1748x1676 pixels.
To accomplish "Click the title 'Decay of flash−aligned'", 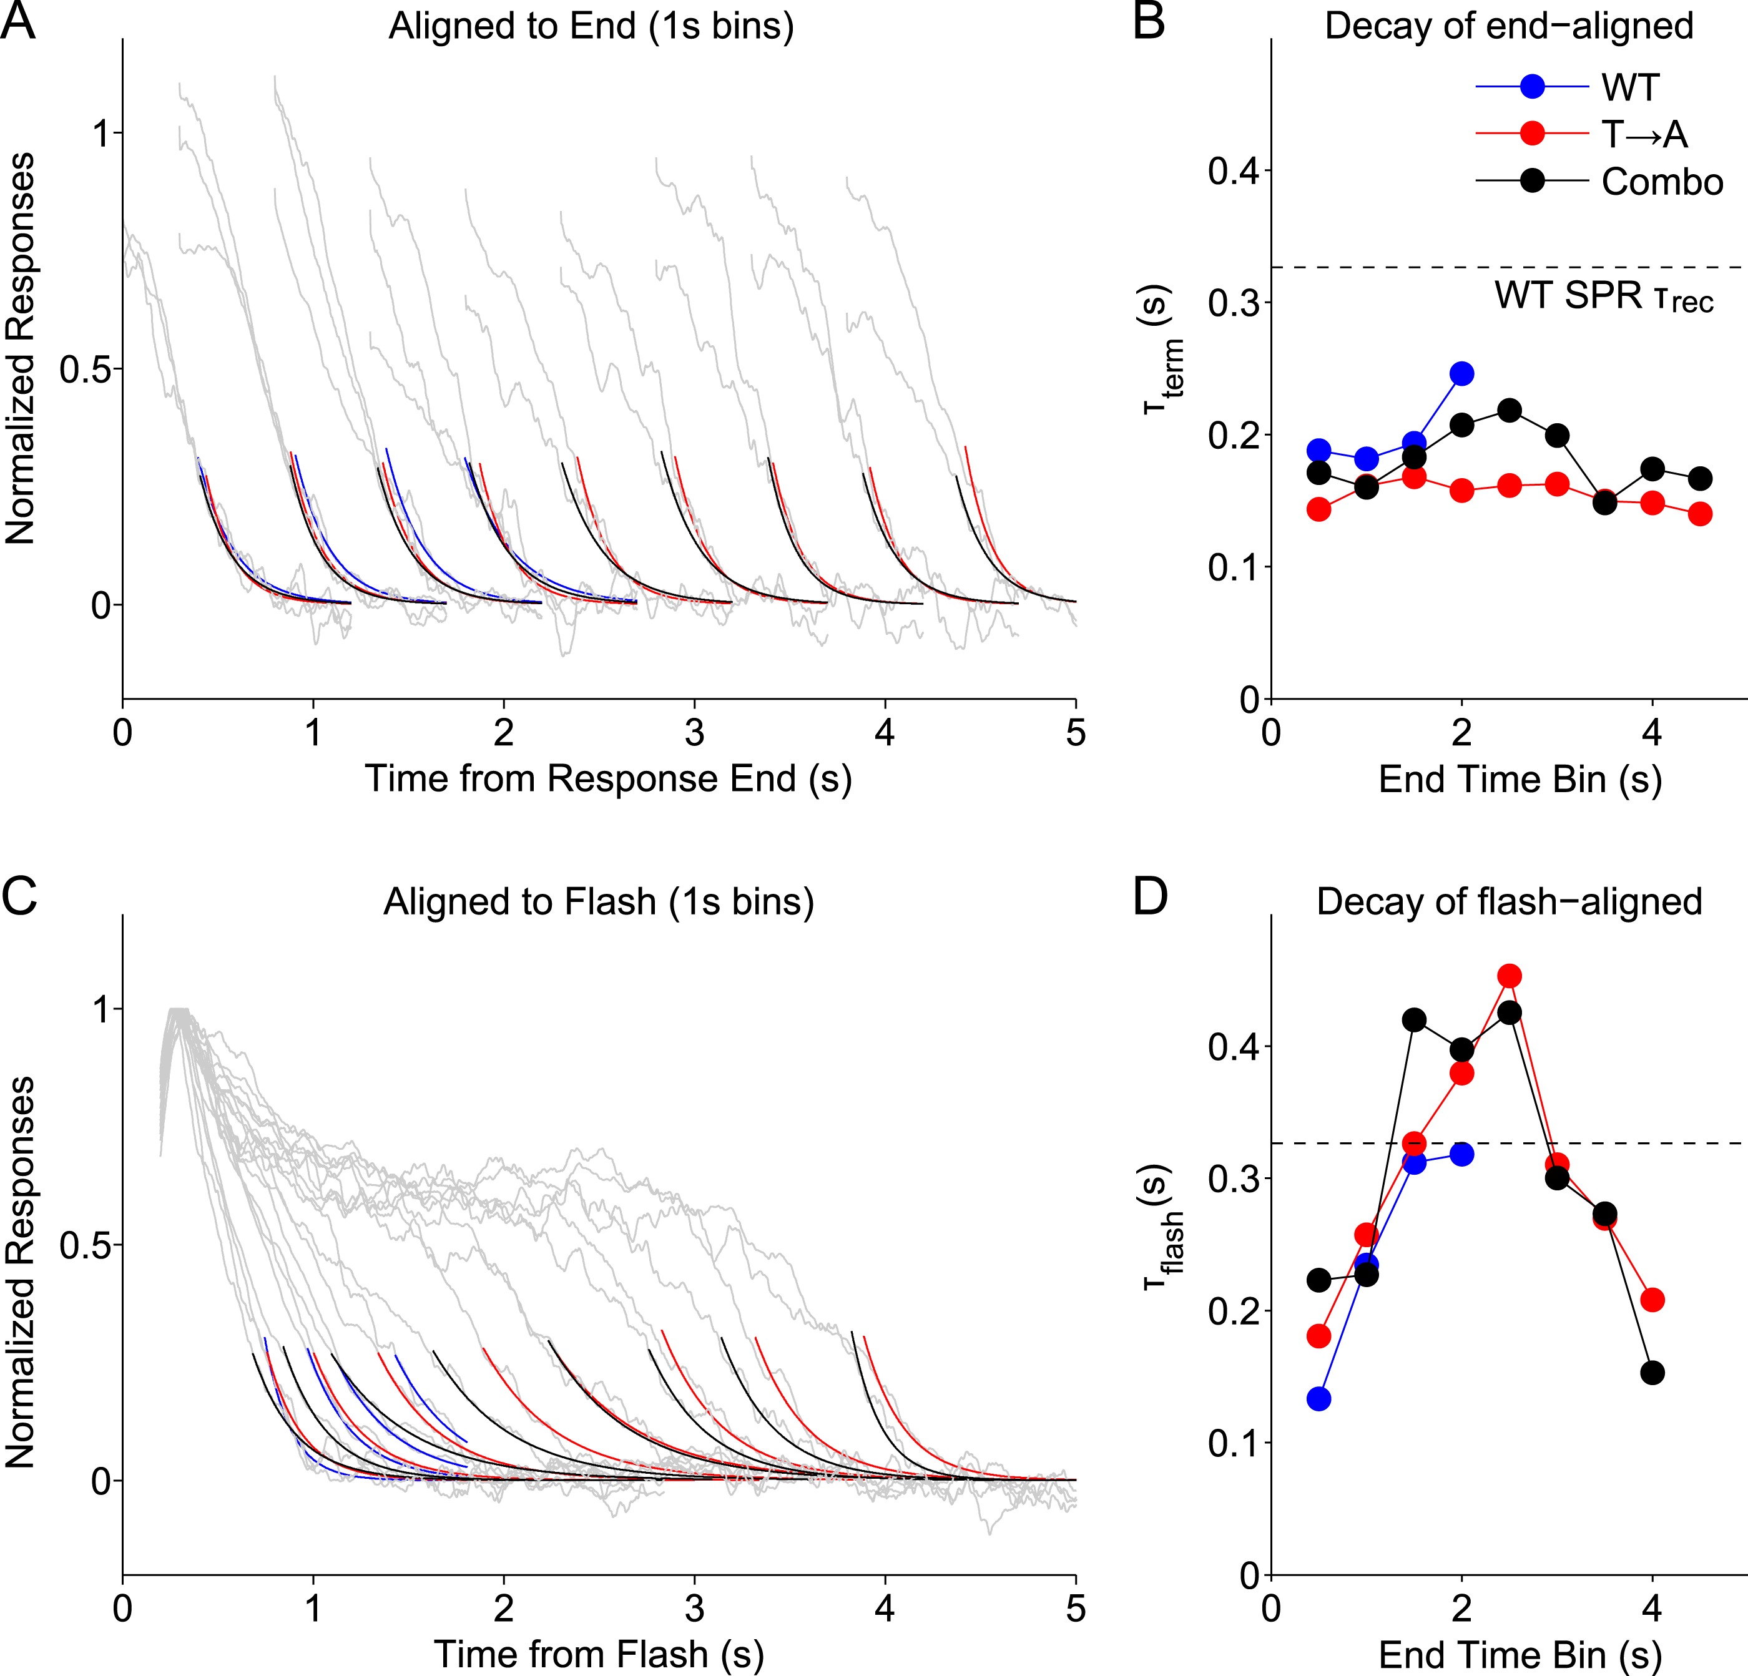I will pyautogui.click(x=1509, y=901).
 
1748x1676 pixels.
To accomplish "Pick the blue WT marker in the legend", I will pyautogui.click(x=1532, y=87).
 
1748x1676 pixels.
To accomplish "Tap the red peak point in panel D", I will pyautogui.click(x=1509, y=976).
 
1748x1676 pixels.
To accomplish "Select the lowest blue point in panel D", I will pyautogui.click(x=1319, y=1399).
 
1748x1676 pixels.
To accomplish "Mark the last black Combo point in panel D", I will pyautogui.click(x=1652, y=1373).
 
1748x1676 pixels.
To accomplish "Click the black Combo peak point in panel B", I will pyautogui.click(x=1509, y=410).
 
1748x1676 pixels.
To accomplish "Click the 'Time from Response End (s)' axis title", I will pyautogui.click(x=608, y=778).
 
